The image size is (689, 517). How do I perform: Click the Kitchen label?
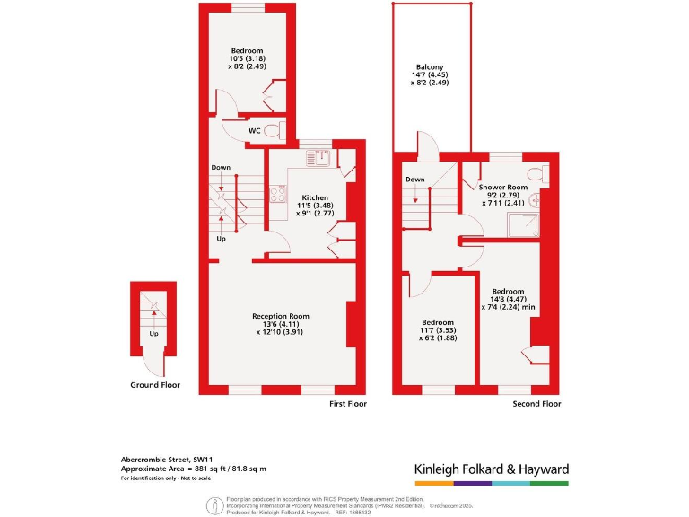(314, 197)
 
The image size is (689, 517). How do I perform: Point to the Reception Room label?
(280, 316)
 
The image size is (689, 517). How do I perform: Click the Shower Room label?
(507, 186)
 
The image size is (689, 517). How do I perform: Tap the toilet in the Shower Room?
(536, 172)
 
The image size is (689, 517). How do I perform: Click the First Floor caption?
(348, 404)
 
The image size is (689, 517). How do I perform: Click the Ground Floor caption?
(156, 385)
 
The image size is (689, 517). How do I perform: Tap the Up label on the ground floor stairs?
(153, 333)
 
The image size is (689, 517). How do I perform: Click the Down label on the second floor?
(414, 179)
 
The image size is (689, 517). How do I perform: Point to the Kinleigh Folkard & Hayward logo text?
(491, 469)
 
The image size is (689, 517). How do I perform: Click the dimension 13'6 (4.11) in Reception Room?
(280, 324)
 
